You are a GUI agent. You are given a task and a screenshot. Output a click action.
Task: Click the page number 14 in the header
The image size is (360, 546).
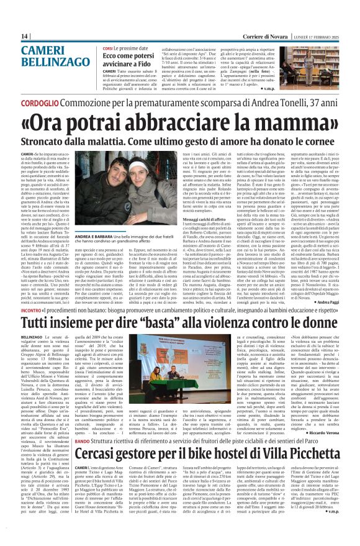[x=25, y=36]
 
